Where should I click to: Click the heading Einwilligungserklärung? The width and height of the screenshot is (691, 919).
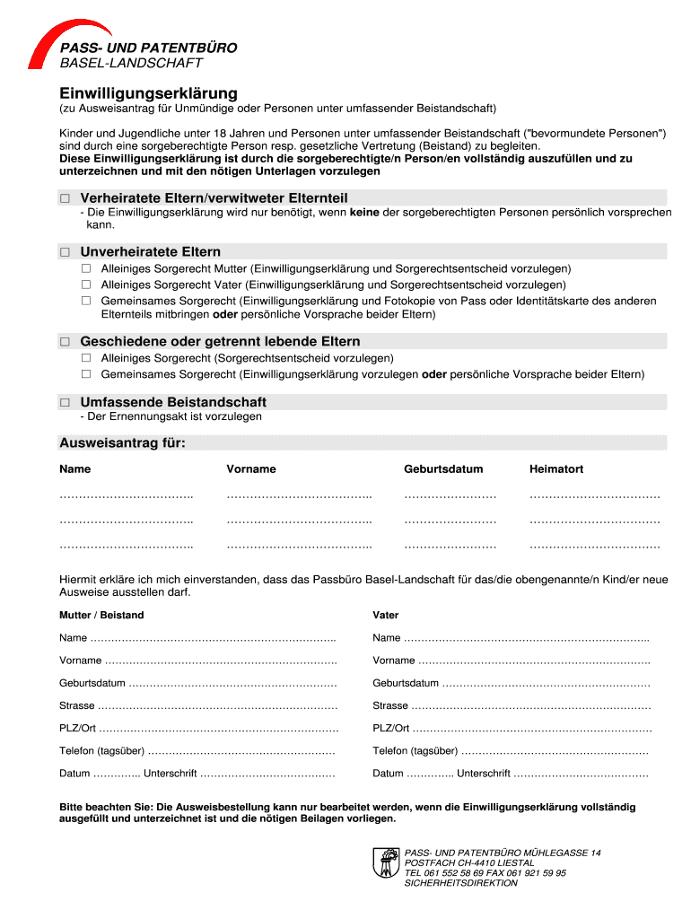coord(148,93)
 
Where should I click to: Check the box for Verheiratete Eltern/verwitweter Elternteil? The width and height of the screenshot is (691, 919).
coord(65,198)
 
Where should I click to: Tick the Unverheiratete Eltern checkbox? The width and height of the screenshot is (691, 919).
coord(65,252)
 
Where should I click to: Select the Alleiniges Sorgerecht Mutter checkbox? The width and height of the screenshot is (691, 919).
coord(86,268)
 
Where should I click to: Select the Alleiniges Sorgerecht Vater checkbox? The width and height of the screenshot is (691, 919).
coord(86,284)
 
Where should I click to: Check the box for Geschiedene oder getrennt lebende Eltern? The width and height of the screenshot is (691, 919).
coord(65,342)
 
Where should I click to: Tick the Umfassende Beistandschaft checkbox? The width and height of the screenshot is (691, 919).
coord(65,403)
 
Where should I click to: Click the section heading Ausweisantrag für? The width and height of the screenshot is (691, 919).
coord(122,442)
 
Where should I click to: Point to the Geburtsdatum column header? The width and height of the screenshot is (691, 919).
coord(443,469)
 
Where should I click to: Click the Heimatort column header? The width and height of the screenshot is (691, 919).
coord(556,469)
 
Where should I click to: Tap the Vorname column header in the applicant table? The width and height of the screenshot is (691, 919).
coord(251,469)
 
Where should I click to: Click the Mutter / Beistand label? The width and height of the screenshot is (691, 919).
coord(101,616)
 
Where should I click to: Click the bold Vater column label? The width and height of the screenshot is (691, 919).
coord(386,616)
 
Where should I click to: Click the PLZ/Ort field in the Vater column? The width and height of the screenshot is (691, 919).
coord(529,729)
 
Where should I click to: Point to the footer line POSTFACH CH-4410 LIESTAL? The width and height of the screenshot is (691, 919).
coord(469,862)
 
